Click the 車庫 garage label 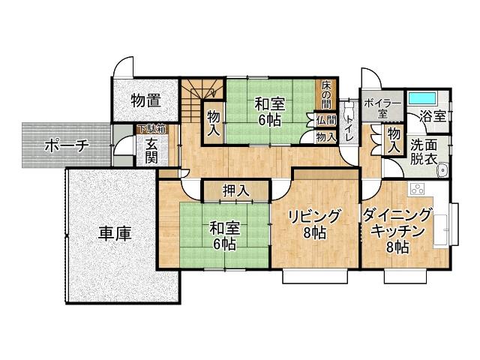[x=114, y=233]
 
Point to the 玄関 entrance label [x=151, y=151]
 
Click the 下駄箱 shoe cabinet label [x=151, y=129]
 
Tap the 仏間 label [x=326, y=120]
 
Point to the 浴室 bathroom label [x=433, y=116]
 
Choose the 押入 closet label [x=236, y=190]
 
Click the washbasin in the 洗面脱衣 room [x=442, y=169]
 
